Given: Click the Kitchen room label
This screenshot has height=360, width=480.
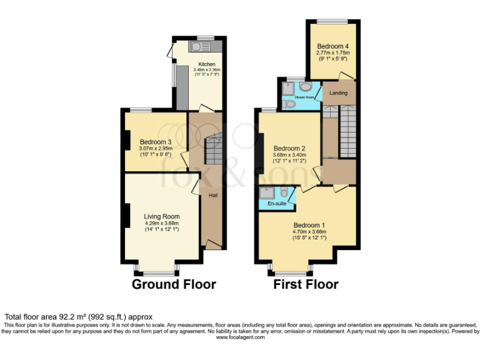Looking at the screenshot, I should tap(207, 64).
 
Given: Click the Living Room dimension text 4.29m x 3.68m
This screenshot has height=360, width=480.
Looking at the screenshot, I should tap(161, 223).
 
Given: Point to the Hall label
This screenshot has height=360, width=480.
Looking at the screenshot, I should tap(212, 196).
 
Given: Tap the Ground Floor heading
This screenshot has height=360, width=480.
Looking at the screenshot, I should tap(174, 284).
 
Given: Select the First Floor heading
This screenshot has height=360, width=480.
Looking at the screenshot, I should tap(306, 284).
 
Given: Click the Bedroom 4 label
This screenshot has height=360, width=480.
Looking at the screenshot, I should tap(333, 46).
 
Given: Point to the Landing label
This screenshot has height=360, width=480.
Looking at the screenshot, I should tap(339, 93).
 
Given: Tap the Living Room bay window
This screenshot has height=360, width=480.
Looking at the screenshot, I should tap(156, 272).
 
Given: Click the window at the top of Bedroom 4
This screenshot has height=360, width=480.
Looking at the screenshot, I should tap(331, 21).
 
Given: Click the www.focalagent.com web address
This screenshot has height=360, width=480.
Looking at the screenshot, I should tap(240, 337).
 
